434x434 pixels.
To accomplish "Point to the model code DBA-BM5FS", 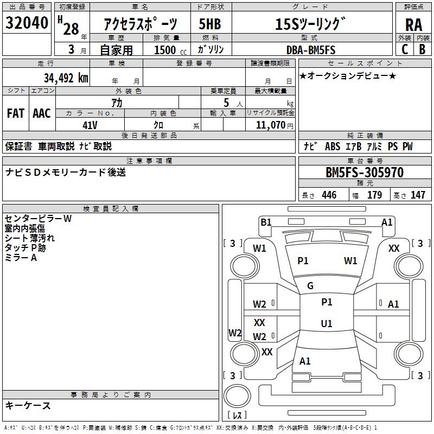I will pos(311,50).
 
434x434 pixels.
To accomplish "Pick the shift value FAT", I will pos(15,113).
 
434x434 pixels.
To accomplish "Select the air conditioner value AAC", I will pos(41,113).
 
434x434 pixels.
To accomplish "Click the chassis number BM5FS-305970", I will pos(364,173).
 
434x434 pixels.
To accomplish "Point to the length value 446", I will pos(329,195).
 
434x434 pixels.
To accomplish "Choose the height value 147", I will pos(418,195).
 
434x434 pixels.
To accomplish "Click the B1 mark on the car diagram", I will pos(266,222).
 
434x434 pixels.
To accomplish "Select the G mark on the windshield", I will pos(310,285).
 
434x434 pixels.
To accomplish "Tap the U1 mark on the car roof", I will pos(327,323).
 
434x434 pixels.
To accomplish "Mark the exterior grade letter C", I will pos(404,49).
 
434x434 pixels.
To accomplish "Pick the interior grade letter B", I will pos(422,49).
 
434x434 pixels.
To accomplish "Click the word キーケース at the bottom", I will pos(28,405).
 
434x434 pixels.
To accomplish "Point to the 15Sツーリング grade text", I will pos(310,24).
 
